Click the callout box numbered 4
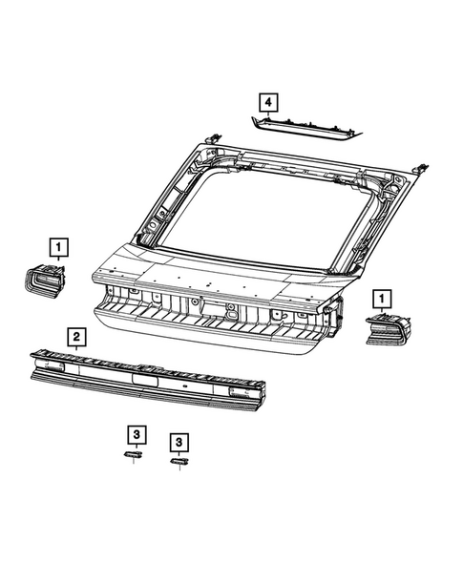(x=268, y=103)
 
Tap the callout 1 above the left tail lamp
(x=59, y=247)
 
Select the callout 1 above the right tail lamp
(x=382, y=299)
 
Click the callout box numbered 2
(x=76, y=337)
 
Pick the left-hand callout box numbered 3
(x=137, y=434)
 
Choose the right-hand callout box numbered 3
(x=179, y=443)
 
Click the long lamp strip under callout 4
(x=305, y=128)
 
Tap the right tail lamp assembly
(x=388, y=328)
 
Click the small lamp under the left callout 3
(x=133, y=454)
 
